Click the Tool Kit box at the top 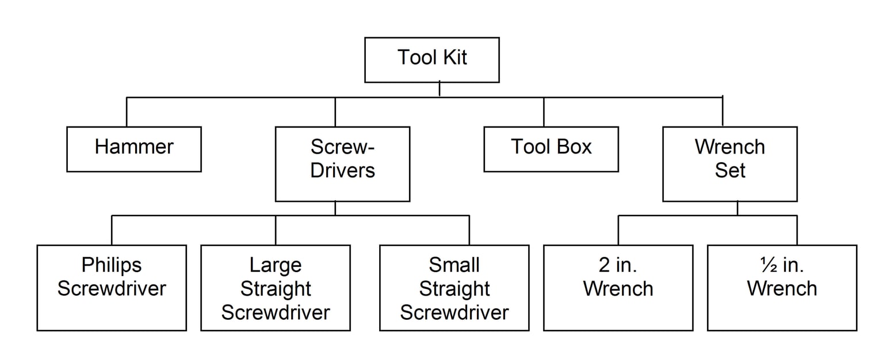coord(431,60)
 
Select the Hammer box coord(133,149)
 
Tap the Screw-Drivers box coord(342,164)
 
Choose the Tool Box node coord(551,149)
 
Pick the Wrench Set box coord(729,164)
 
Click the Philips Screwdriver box coord(112,288)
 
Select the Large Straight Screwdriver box coord(275,288)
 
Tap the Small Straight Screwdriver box coord(454,288)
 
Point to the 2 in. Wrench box coord(618,288)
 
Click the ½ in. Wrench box coord(782,288)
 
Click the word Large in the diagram coord(275,265)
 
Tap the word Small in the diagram coord(454,265)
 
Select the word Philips coord(112,265)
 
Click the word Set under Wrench coord(729,171)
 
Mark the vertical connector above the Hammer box coord(127,112)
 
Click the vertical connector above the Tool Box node coord(544,112)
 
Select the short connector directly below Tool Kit coord(440,89)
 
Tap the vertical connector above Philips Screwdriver coord(112,230)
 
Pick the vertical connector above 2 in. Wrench coord(618,230)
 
